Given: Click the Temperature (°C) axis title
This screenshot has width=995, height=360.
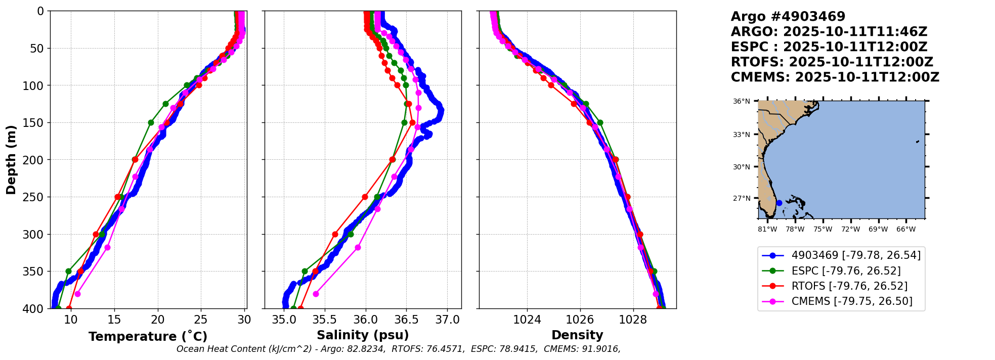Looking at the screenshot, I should click(x=148, y=337).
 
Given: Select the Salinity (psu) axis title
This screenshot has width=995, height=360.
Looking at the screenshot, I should click(x=363, y=335).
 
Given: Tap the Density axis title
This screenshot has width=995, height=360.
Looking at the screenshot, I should click(x=577, y=335).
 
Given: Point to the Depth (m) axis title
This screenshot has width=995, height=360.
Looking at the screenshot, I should click(x=11, y=160).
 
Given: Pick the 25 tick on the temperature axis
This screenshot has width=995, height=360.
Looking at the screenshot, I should click(x=201, y=320).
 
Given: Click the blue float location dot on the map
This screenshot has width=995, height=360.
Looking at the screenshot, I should click(x=779, y=203).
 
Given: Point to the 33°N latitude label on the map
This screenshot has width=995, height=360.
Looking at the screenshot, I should click(x=742, y=135).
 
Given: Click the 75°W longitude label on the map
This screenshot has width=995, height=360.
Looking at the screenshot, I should click(x=823, y=230).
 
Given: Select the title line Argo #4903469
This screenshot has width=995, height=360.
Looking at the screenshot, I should click(x=788, y=17).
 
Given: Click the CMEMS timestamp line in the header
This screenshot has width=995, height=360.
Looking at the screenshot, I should click(x=835, y=77).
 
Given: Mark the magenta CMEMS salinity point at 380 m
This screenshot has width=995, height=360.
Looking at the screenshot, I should click(x=316, y=294).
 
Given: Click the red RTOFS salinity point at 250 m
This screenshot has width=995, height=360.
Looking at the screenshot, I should click(x=365, y=197).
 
